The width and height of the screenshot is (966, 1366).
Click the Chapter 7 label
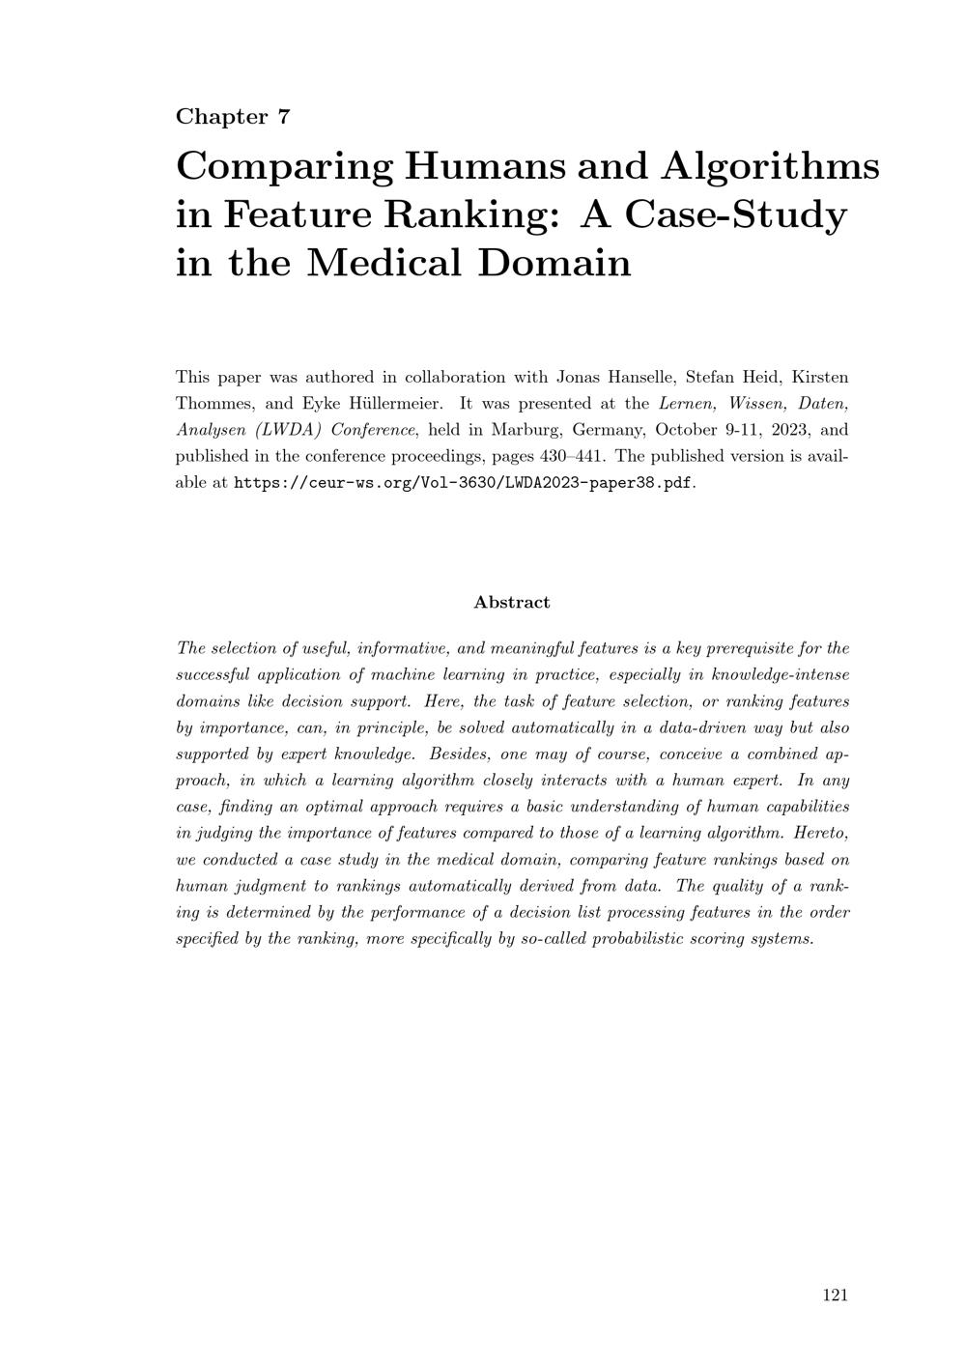click(x=233, y=117)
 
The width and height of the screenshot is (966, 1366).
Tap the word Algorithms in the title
click(x=770, y=166)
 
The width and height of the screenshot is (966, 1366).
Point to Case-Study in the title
click(x=736, y=213)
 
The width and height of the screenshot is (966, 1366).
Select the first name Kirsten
click(x=820, y=377)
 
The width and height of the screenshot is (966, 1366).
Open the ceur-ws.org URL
click(x=464, y=482)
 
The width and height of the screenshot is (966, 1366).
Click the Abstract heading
click(x=512, y=602)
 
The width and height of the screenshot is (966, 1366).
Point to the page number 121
click(x=835, y=1295)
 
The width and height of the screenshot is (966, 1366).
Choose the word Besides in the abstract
click(x=461, y=754)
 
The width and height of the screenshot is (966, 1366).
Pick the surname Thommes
click(x=210, y=403)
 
